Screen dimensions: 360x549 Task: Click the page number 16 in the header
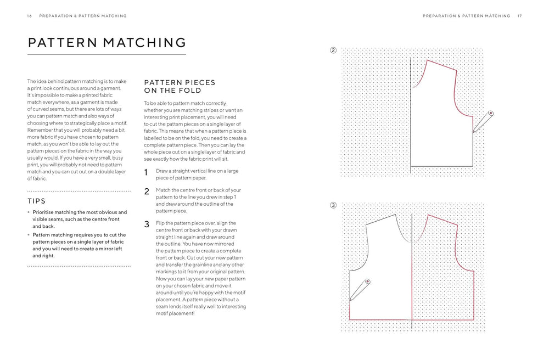[x=29, y=16]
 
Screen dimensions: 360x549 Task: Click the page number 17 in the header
[x=519, y=16]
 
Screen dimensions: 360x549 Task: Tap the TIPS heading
[x=36, y=201]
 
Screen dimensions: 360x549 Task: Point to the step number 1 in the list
[x=147, y=173]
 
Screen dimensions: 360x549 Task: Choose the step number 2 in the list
[x=147, y=192]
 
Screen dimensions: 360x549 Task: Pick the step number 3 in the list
[x=147, y=224]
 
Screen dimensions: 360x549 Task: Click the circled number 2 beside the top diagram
[x=333, y=51]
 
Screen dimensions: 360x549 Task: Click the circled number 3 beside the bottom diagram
[x=333, y=206]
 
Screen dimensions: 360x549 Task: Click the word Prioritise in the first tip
[x=46, y=212]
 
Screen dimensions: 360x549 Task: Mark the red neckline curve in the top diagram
[x=421, y=73]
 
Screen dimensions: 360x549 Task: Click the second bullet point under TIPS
[x=29, y=235]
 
